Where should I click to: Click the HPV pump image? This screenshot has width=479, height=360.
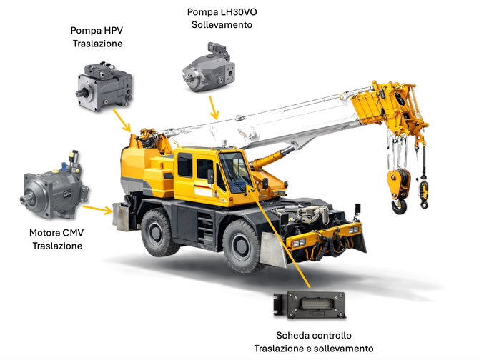tap(104, 86)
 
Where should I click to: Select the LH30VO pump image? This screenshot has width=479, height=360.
tap(209, 67)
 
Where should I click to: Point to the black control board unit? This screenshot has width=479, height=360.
tap(310, 305)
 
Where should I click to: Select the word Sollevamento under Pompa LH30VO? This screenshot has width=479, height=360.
tap(222, 25)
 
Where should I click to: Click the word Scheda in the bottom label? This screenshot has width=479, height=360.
tap(290, 336)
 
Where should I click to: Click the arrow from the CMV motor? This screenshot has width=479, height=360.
tap(98, 209)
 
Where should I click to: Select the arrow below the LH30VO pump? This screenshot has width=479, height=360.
tap(214, 108)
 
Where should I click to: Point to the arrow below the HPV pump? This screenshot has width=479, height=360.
tap(122, 121)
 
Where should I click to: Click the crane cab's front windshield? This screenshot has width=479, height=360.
tap(235, 172)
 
